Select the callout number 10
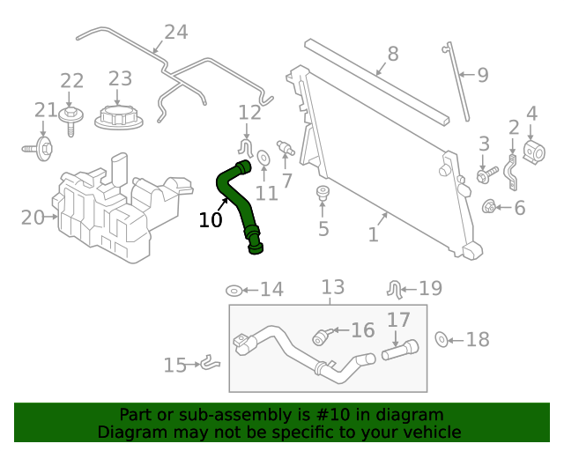(211, 220)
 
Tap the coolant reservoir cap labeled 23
(118, 116)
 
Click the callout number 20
(33, 217)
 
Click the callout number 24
(175, 33)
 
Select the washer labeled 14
(234, 290)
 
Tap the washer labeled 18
(443, 339)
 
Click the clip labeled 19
(396, 287)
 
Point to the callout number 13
(332, 287)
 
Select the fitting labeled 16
(323, 336)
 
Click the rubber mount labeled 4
(531, 152)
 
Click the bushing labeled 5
(323, 194)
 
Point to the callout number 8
(392, 54)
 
